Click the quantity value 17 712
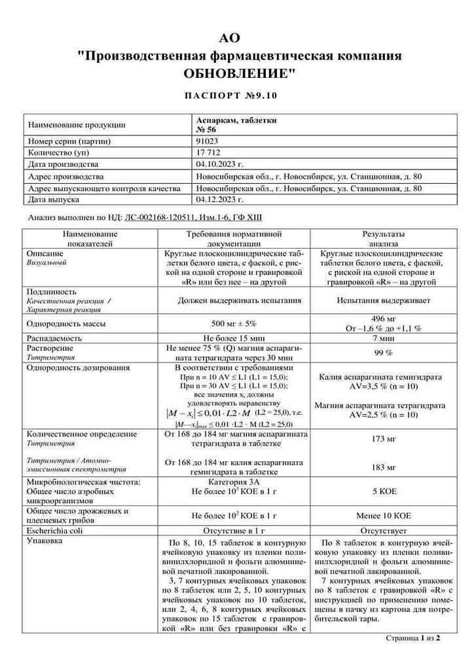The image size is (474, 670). pyautogui.click(x=210, y=152)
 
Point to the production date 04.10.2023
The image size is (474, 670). pyautogui.click(x=219, y=164)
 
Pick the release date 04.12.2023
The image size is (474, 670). pyautogui.click(x=219, y=200)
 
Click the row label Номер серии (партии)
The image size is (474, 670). pyautogui.click(x=67, y=141)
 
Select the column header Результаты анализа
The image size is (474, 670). pyautogui.click(x=384, y=238)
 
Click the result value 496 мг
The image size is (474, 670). pyautogui.click(x=384, y=319)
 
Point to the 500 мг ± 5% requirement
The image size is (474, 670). pyautogui.click(x=234, y=323)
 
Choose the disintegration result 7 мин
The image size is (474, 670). pyautogui.click(x=384, y=338)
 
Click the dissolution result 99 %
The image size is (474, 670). pyautogui.click(x=384, y=353)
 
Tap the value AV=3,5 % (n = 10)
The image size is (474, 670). pyautogui.click(x=384, y=387)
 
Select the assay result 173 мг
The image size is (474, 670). pyautogui.click(x=384, y=439)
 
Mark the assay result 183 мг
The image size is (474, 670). pyautogui.click(x=384, y=467)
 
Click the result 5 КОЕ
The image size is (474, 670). pyautogui.click(x=384, y=489)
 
